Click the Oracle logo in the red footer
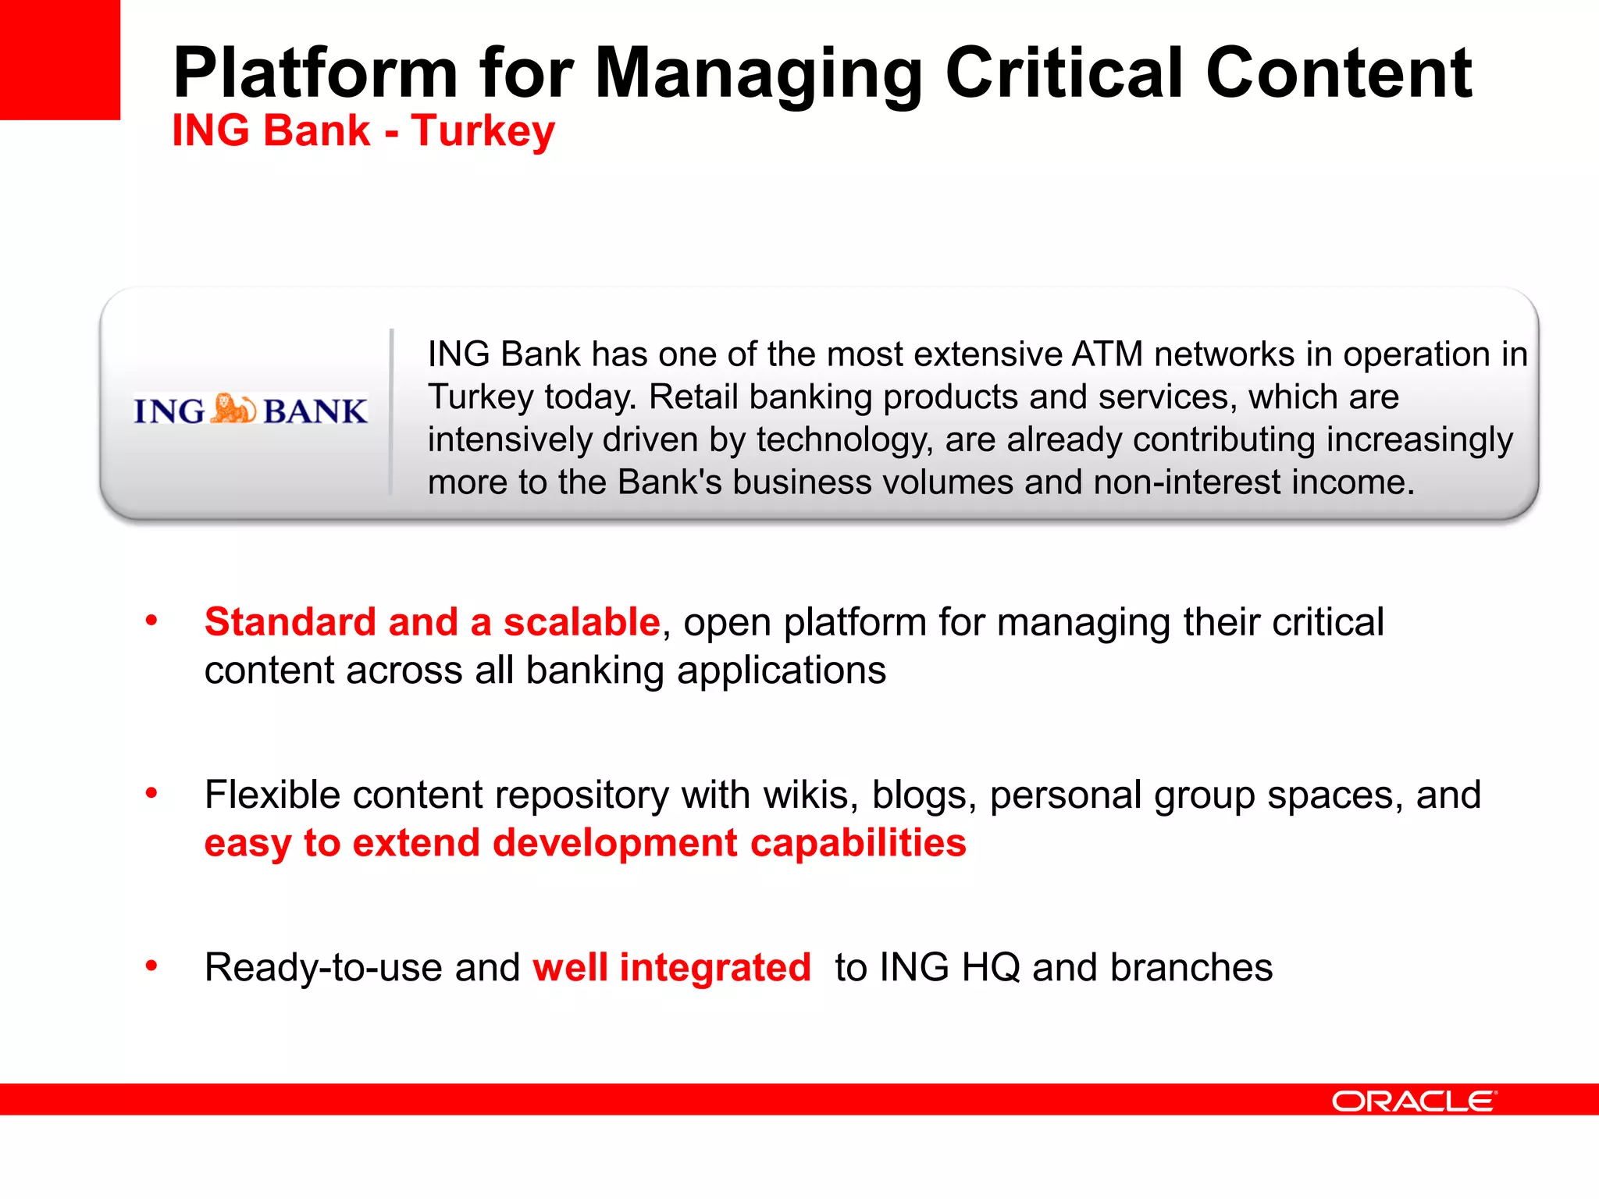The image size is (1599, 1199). (x=1414, y=1101)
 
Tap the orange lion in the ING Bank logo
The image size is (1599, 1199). (x=233, y=409)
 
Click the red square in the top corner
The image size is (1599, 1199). (x=59, y=59)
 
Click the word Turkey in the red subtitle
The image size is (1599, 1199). (x=483, y=131)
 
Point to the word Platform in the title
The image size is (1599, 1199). (x=315, y=73)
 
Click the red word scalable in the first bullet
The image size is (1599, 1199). (x=582, y=622)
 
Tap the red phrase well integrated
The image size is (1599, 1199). (x=671, y=968)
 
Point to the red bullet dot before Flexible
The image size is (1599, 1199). (x=151, y=794)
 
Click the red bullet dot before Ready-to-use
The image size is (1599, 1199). (x=151, y=966)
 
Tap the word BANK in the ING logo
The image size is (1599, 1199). (x=315, y=411)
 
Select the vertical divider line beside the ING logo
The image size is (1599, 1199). (x=391, y=411)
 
